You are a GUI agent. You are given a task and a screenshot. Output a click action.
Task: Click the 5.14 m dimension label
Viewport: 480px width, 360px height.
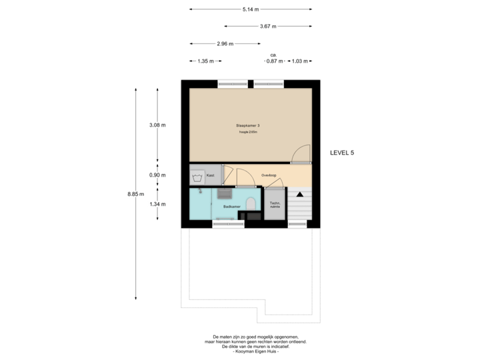(251, 9)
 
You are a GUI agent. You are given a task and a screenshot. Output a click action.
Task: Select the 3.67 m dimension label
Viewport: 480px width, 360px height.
(269, 27)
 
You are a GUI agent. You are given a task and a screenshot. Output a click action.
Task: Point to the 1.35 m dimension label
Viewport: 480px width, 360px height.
(205, 61)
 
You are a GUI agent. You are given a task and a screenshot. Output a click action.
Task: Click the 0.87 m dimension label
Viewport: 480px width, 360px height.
(273, 61)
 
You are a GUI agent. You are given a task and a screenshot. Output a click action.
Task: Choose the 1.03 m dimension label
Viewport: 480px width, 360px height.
(300, 61)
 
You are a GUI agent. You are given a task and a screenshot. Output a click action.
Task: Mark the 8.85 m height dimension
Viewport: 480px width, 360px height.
(137, 195)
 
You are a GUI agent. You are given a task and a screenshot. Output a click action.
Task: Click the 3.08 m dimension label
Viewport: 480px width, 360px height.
(157, 125)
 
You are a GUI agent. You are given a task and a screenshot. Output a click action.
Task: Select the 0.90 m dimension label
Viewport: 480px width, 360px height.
(157, 175)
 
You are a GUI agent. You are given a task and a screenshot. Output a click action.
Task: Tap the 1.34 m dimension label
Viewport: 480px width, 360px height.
(157, 204)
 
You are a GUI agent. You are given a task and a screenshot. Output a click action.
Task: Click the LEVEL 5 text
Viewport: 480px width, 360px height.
(342, 153)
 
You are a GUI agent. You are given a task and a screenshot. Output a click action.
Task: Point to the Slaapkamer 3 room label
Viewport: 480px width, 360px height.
(247, 125)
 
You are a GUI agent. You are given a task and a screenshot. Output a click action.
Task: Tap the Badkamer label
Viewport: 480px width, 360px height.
(232, 207)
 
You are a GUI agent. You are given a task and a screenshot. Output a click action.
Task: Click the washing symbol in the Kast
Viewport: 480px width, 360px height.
(197, 177)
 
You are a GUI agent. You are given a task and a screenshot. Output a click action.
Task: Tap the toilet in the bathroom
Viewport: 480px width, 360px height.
(251, 203)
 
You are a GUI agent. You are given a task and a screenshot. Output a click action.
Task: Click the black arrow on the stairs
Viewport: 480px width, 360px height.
(299, 194)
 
